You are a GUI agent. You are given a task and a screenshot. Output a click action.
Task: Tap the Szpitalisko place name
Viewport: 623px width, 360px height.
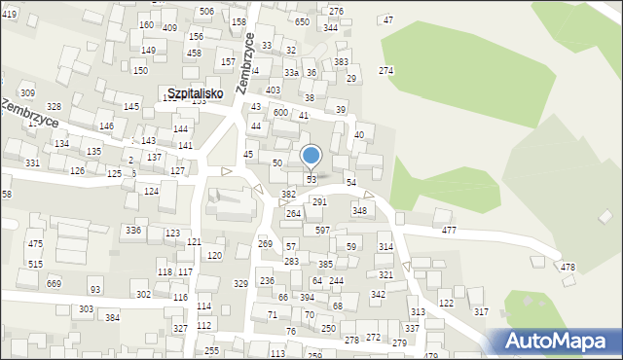coord(195,93)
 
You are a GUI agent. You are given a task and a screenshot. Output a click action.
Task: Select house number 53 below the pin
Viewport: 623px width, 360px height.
coord(311,180)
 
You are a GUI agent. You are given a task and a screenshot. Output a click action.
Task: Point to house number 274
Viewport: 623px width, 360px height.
coord(385,71)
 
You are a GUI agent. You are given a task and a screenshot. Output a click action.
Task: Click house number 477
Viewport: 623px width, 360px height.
coord(449,231)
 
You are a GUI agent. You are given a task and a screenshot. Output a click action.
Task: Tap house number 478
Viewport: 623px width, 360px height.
coord(568,268)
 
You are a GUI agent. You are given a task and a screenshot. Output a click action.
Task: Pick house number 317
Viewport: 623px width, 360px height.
coord(481,311)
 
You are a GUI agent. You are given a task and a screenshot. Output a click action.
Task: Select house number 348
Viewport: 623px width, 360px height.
coord(359,210)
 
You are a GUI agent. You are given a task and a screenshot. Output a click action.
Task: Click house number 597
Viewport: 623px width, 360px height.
coord(322,230)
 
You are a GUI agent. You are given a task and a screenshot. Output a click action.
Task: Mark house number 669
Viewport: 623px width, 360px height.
coord(54,283)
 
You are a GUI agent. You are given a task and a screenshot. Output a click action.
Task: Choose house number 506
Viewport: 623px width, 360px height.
coord(206,11)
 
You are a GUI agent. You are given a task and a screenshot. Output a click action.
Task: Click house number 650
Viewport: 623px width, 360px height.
coord(302,21)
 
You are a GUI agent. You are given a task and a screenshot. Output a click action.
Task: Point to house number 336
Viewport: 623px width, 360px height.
coord(133,230)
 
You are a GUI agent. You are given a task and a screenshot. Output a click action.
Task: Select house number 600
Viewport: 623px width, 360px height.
coord(280,113)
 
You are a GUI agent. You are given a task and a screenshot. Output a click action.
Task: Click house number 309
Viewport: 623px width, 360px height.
coord(27,92)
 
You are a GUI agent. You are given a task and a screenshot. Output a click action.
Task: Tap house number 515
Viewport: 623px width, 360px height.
coord(35,264)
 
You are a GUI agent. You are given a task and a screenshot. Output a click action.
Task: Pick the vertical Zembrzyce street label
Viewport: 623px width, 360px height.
coord(244,63)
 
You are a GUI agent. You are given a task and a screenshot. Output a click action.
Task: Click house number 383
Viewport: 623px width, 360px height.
coord(341,61)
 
